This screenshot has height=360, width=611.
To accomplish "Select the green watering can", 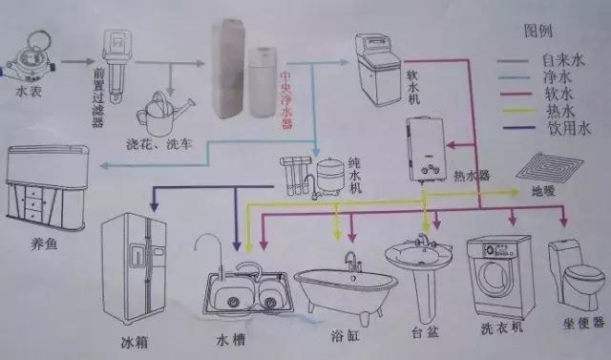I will (x=162, y=114).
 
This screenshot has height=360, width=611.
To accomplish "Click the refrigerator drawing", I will (x=133, y=266).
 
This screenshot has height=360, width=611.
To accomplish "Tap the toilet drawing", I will (x=575, y=277).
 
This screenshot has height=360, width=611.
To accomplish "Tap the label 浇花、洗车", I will (x=160, y=143).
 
